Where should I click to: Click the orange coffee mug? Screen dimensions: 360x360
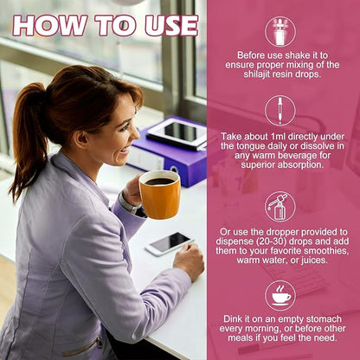pos(160,194)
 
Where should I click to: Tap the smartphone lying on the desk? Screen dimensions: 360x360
pos(170,243)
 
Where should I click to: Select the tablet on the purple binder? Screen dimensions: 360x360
pos(178,134)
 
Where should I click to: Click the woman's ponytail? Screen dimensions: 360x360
pos(28,136)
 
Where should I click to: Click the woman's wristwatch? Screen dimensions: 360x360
pos(129,202)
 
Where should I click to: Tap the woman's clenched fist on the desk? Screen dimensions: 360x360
pos(189,261)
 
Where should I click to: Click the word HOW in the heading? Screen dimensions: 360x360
pos(49,26)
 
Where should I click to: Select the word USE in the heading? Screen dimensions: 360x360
pos(171,26)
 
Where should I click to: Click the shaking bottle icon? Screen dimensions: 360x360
pos(280,31)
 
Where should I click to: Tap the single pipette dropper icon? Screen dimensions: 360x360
pos(280,111)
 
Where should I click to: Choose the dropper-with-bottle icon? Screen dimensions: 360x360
pos(280,207)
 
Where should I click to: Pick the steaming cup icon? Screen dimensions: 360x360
pos(280,295)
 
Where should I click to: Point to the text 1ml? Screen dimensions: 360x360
pos(278,137)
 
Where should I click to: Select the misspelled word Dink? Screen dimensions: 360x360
pos(233,319)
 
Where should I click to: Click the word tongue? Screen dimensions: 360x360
pos(249,146)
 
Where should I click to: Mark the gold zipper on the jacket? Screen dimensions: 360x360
pos(84,347)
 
